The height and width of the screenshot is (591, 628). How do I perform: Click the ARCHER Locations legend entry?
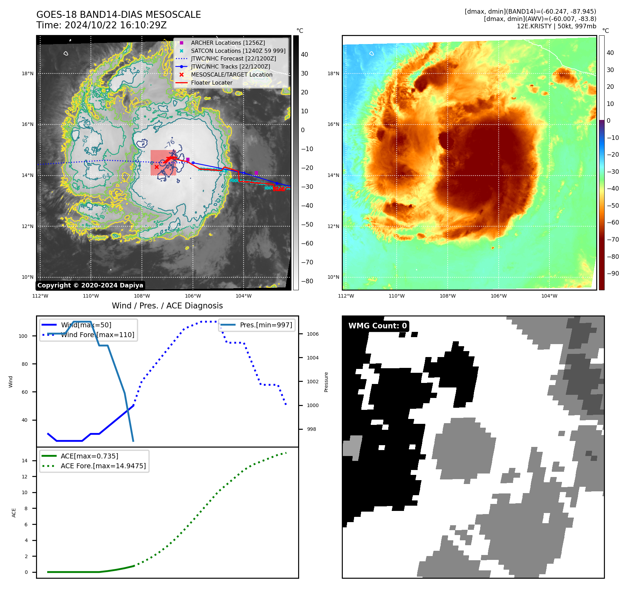[x=228, y=43]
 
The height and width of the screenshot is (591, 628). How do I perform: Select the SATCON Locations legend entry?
[x=238, y=51]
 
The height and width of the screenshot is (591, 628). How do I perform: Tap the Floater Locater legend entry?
[x=211, y=83]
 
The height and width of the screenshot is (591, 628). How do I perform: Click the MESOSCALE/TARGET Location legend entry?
[x=231, y=74]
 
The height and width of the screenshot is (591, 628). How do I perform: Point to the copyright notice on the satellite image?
[x=90, y=285]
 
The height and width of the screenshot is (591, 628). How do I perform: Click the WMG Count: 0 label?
[x=377, y=326]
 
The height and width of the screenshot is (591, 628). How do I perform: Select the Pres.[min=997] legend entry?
[x=266, y=325]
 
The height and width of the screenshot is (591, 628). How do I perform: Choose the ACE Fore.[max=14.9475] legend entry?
[x=103, y=466]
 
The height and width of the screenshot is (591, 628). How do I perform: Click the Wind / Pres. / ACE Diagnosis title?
[x=167, y=306]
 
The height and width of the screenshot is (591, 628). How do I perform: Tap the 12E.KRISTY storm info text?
[x=556, y=26]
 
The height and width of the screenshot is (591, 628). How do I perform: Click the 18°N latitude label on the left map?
[x=28, y=73]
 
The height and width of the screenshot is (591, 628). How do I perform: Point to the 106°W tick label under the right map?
[x=498, y=296]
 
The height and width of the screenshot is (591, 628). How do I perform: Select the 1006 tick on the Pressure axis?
[x=313, y=334]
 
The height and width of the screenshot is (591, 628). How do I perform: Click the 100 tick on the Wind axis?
[x=23, y=336]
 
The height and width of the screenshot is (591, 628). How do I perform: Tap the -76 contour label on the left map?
[x=170, y=143]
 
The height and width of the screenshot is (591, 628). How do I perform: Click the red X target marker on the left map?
[x=157, y=167]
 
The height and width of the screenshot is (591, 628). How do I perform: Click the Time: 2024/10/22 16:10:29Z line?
[x=101, y=25]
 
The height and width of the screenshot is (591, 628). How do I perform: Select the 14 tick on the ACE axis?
[x=24, y=461]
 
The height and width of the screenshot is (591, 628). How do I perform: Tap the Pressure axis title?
[x=326, y=382]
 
